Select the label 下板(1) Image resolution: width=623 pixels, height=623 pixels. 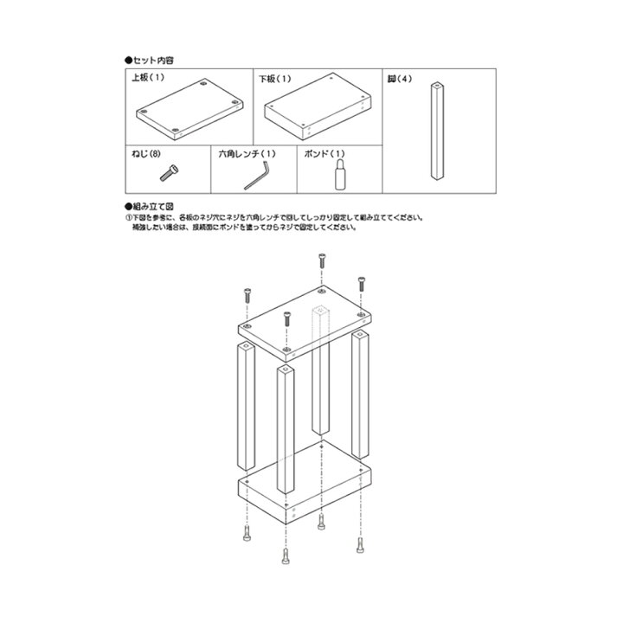275,78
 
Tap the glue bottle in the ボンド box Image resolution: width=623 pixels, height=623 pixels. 340,174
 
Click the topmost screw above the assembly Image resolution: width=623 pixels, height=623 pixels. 322,260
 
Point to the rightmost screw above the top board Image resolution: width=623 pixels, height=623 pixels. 361,284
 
